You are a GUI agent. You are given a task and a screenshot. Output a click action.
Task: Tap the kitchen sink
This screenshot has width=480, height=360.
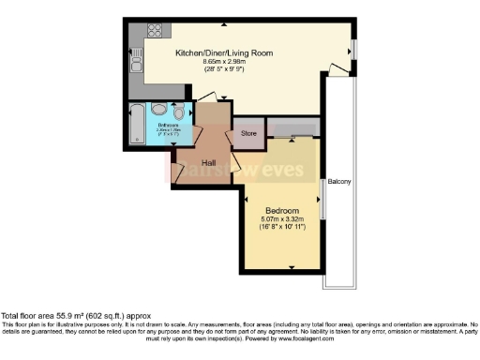tap(137, 66)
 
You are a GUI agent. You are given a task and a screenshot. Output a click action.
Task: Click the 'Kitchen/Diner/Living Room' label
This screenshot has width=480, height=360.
tap(224, 53)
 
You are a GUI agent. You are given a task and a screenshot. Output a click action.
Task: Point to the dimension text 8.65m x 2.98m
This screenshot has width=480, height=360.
tap(224, 63)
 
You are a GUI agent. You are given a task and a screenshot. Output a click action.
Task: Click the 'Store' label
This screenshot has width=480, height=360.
tap(248, 134)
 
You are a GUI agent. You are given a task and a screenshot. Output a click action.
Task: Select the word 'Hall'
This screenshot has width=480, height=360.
tap(210, 161)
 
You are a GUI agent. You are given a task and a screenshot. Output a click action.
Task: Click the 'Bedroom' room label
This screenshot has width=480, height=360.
tap(281, 210)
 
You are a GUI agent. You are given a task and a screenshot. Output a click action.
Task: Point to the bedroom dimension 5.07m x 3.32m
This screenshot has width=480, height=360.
tap(281, 219)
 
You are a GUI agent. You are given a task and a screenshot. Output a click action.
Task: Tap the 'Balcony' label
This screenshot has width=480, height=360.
tap(339, 181)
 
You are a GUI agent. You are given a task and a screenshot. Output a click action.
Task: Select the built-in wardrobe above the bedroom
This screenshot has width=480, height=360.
tap(293, 127)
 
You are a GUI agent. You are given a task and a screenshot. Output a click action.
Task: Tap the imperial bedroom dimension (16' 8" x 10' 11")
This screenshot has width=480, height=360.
tap(281, 228)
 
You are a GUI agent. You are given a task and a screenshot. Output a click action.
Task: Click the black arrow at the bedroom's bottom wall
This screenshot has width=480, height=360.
tap(292, 268)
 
